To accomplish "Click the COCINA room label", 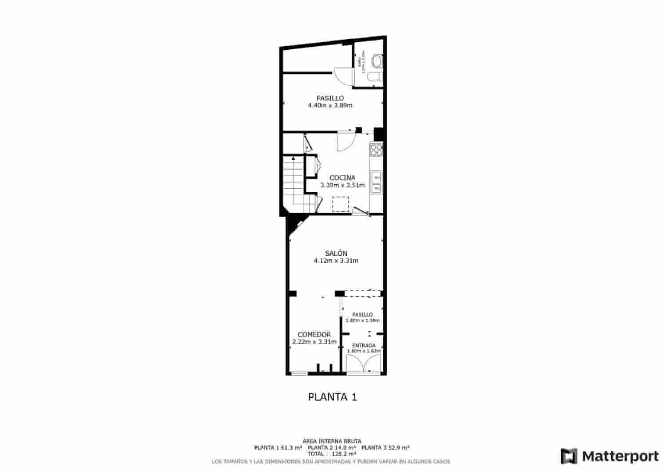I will tap(342, 178).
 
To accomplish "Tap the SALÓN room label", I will tap(336, 253).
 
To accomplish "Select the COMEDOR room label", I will tap(314, 335).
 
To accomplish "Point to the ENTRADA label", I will tap(364, 345).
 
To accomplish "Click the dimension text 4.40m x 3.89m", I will tap(330, 106).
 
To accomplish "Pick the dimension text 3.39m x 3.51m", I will tap(342, 186).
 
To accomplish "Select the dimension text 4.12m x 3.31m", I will tap(336, 261).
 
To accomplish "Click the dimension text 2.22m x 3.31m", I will tap(314, 342).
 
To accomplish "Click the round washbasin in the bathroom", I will tap(377, 60).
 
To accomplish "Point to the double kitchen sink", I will tap(377, 182).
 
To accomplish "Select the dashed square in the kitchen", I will tap(341, 204).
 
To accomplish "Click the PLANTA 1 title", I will tap(333, 397).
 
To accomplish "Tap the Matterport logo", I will tap(610, 456).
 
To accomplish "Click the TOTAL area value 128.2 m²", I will tap(344, 454).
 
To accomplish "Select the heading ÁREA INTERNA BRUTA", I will tap(332, 441).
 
